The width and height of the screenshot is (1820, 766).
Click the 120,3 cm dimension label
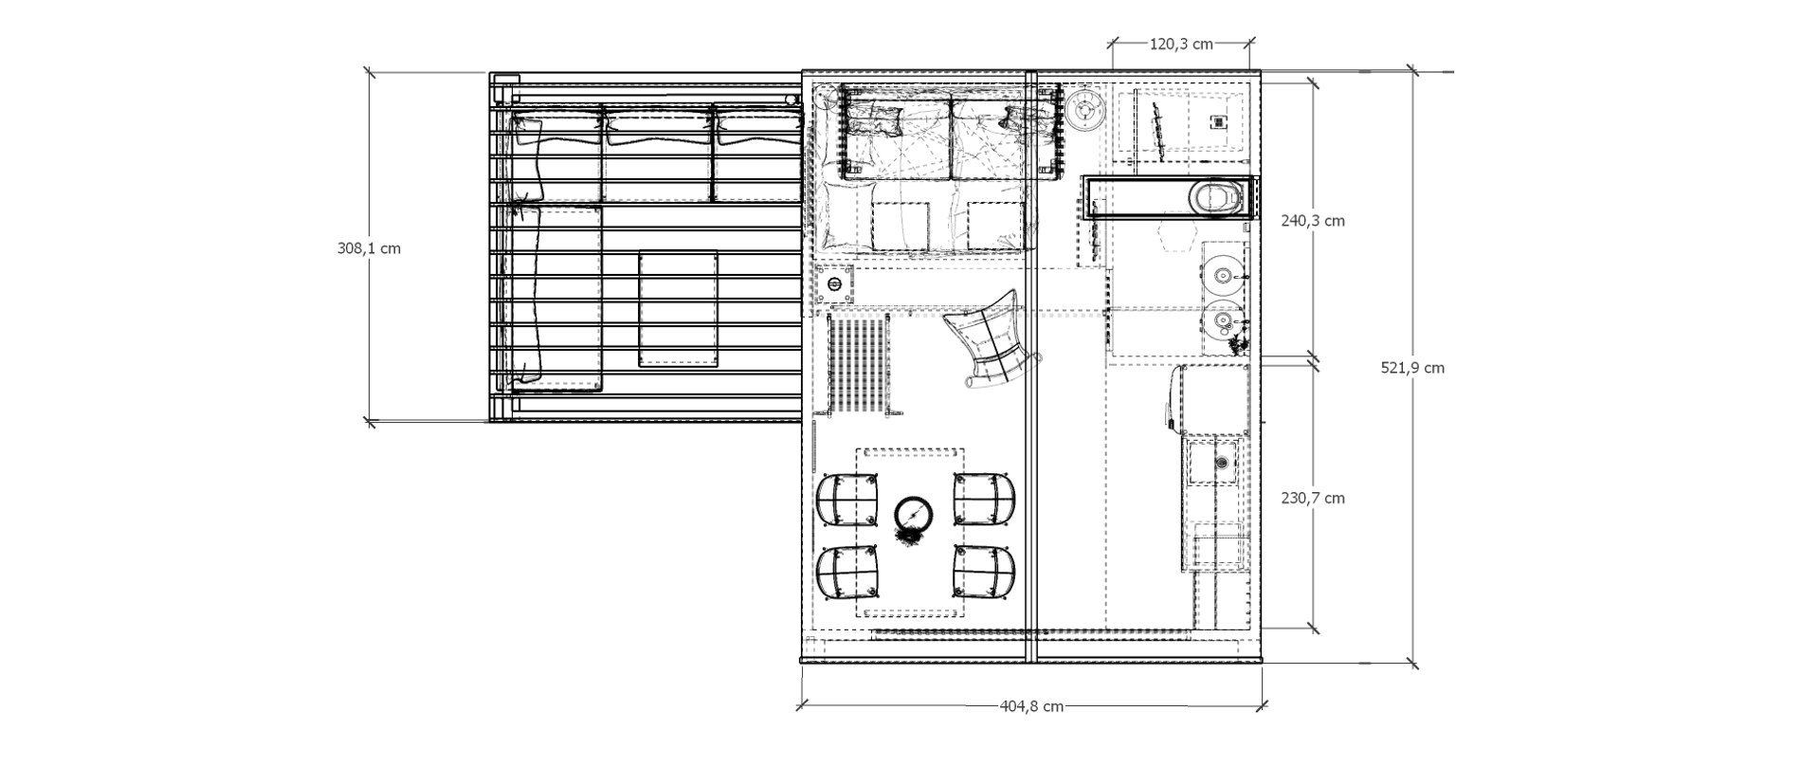click(x=1181, y=44)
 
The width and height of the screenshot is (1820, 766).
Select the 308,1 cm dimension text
click(x=369, y=248)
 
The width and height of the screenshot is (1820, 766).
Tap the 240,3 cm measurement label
click(x=1312, y=221)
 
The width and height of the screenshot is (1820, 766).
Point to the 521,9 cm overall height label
click(x=1412, y=368)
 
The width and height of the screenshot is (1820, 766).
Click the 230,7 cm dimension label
click(x=1312, y=498)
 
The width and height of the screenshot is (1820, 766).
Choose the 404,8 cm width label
click(x=1031, y=705)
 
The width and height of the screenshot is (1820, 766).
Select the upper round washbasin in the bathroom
click(x=1223, y=276)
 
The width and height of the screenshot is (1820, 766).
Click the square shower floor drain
click(x=1218, y=121)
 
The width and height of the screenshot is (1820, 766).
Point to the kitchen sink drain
click(x=1222, y=463)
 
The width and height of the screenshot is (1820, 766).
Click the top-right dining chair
click(x=984, y=499)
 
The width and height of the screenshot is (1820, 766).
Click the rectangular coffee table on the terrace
click(x=677, y=308)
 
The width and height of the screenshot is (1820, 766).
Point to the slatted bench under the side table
click(x=861, y=365)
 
